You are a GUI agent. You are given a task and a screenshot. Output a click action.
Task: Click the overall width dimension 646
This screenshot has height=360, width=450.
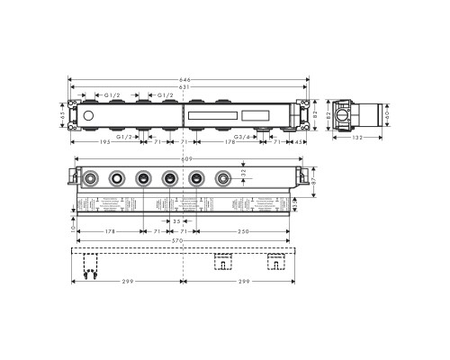coord(186,79)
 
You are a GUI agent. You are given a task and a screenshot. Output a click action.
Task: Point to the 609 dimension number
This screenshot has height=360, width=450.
coord(186,159)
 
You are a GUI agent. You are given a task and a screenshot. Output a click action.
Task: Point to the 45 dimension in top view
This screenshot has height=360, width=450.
coord(299,141)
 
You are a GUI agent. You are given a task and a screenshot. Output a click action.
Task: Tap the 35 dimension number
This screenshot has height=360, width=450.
coord(177,220)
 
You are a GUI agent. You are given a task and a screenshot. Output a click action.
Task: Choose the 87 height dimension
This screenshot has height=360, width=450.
coord(312,181)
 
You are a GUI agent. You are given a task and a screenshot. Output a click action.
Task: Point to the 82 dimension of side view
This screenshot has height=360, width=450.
coord(327,115)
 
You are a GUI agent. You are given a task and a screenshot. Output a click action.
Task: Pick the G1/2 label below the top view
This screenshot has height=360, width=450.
coord(126,136)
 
